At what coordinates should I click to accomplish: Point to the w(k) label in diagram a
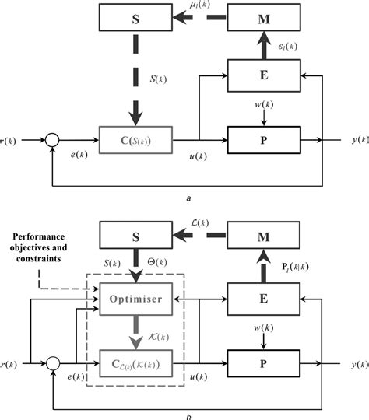262,105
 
